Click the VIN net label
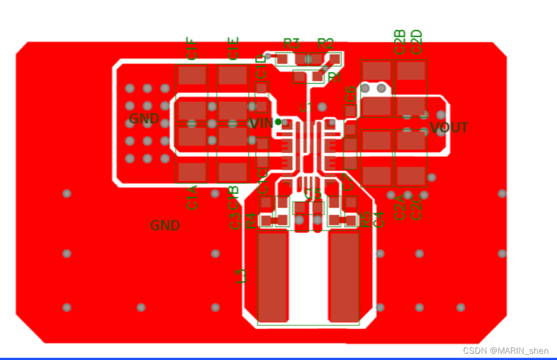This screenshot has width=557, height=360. [260, 123]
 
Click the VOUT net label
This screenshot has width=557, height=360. [449, 128]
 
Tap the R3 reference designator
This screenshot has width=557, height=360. [291, 43]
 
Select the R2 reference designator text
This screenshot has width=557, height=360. [325, 43]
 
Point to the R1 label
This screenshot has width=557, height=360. [334, 77]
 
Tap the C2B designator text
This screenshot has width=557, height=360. [400, 42]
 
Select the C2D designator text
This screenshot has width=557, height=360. [417, 42]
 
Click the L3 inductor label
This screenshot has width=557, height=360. [241, 276]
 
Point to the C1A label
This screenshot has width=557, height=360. [192, 197]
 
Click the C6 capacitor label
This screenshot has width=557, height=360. [350, 93]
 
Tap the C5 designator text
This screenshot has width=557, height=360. [313, 194]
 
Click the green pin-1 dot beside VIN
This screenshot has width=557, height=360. [278, 121]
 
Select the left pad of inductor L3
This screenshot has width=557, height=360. [272, 276]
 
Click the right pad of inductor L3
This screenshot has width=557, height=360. [344, 276]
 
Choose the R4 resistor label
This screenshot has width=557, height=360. [250, 220]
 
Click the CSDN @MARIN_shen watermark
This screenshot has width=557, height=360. [505, 350]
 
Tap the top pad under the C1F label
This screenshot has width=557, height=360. [192, 75]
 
